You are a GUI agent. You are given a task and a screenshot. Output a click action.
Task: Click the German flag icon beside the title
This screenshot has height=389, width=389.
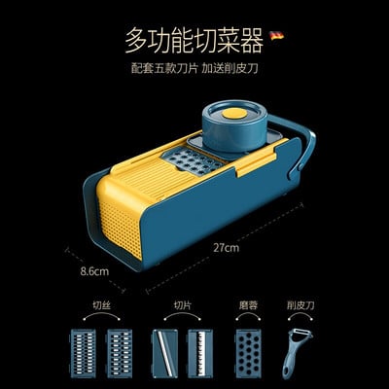277,35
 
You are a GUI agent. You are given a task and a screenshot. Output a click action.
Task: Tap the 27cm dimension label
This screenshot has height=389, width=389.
227,248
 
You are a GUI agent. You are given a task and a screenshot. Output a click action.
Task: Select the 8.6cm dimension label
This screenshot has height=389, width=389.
94,270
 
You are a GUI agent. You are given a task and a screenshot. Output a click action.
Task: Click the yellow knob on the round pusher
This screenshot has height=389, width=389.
234,113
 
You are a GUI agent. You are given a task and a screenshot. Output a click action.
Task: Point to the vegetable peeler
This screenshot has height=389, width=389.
297,354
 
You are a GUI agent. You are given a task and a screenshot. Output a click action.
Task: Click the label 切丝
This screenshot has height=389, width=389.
101,305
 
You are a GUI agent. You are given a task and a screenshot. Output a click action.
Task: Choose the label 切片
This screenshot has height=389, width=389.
182,305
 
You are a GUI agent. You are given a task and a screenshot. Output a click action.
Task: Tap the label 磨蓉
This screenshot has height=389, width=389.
248,305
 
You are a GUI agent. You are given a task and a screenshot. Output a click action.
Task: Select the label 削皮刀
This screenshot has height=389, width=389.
301,305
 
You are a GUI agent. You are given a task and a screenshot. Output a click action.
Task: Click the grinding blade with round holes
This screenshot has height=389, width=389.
248,352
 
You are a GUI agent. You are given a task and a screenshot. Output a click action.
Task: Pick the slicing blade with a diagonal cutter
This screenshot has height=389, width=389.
164,352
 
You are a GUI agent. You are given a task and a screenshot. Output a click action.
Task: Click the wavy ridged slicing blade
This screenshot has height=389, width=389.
200,352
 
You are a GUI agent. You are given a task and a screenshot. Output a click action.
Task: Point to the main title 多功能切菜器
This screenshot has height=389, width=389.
194,40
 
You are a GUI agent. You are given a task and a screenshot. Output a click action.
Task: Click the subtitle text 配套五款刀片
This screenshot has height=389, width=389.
164,69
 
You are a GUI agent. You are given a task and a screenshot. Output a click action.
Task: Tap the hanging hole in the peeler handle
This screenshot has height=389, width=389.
286,372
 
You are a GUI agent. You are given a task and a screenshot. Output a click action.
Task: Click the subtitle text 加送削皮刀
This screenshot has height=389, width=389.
230,69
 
